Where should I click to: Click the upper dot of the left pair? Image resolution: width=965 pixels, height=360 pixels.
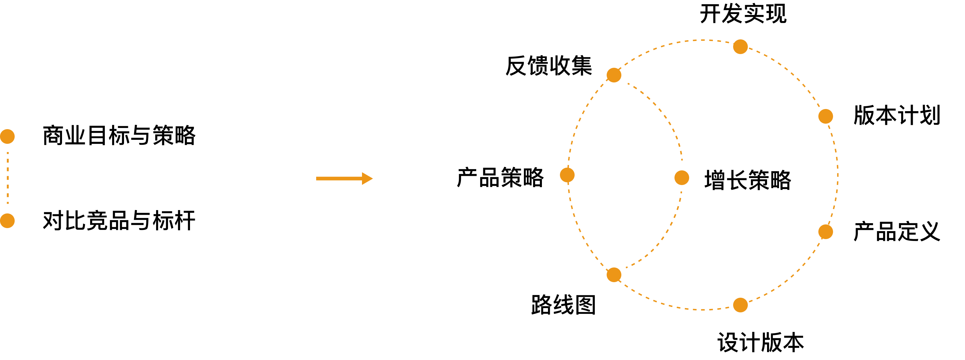[7, 136]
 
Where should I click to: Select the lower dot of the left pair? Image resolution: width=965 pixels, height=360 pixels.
[7, 221]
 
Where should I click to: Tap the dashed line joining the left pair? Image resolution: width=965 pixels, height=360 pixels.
[8, 178]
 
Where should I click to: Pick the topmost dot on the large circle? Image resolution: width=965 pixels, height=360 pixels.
[740, 46]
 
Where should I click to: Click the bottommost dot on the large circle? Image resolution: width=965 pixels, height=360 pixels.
[740, 305]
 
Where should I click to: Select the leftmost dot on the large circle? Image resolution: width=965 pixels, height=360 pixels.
[567, 175]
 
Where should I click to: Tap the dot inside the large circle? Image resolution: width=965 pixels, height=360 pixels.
[682, 178]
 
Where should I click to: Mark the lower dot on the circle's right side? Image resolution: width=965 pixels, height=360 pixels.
[826, 232]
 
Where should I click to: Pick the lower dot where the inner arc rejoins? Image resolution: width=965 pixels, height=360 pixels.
[614, 275]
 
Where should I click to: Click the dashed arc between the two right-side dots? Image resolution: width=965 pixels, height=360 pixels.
[838, 174]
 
